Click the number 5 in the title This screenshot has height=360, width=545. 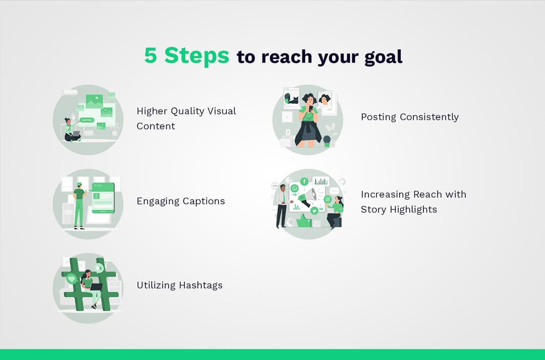[x=150, y=55]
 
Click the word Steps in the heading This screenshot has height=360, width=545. [x=197, y=55]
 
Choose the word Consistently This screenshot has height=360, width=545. [x=429, y=117]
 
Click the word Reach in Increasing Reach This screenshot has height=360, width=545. [x=429, y=195]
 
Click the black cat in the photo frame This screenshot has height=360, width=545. [x=292, y=99]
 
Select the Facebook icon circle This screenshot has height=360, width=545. [x=304, y=182]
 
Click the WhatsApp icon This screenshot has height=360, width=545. [x=295, y=188]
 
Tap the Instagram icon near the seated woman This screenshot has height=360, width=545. [x=328, y=200]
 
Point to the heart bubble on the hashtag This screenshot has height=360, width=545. [x=71, y=278]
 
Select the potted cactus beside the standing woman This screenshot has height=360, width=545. [x=326, y=141]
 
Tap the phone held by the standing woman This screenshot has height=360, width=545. [x=310, y=108]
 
